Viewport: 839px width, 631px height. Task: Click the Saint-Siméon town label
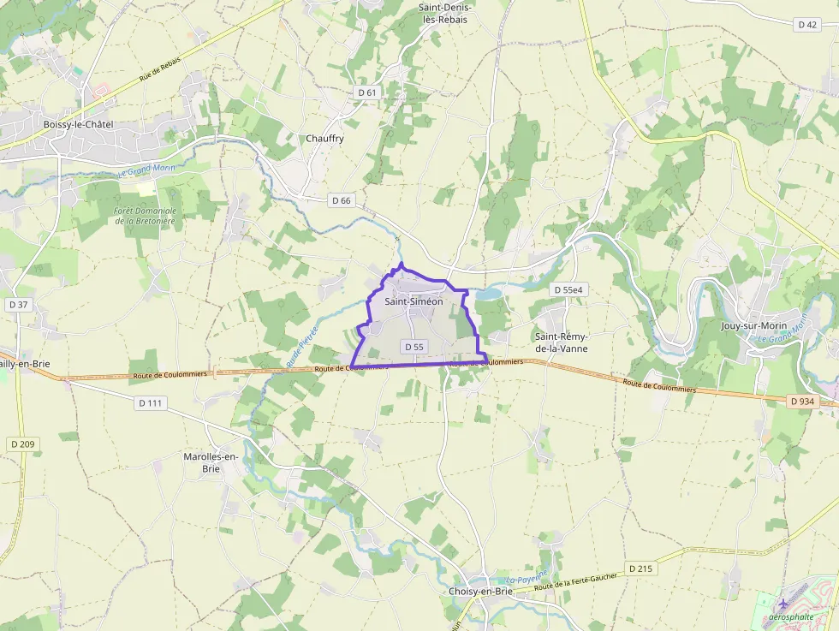[x=414, y=301]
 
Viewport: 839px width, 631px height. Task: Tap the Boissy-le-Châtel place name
[x=78, y=124]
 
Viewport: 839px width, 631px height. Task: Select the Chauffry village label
[x=324, y=138]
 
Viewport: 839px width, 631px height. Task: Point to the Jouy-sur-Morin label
[x=753, y=325]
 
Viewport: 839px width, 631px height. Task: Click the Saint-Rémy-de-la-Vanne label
[x=562, y=342]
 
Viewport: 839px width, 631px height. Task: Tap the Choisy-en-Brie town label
[x=480, y=592]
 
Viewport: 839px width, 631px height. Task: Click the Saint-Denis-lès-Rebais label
[x=445, y=13]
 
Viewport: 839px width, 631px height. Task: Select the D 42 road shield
[x=807, y=25]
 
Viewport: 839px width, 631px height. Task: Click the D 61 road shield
[x=366, y=92]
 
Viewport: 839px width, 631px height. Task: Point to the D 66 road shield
[x=341, y=200]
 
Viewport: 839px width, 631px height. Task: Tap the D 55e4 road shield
[x=568, y=290]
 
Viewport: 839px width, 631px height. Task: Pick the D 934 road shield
[x=802, y=401]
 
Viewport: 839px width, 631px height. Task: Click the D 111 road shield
[x=150, y=402]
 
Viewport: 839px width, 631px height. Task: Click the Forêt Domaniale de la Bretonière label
[x=145, y=216]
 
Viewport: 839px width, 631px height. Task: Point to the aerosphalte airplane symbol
[x=782, y=604]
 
